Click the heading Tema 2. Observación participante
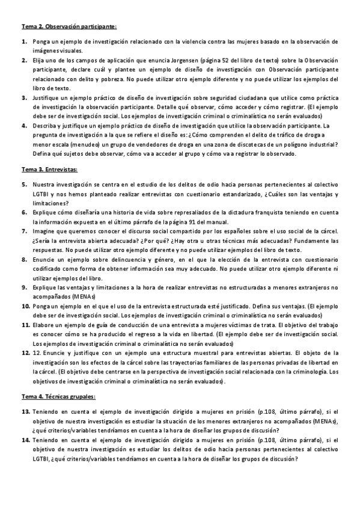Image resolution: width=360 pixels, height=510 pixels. pyautogui.click(x=69, y=27)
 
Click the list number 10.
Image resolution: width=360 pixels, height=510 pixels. pyautogui.click(x=26, y=306)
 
